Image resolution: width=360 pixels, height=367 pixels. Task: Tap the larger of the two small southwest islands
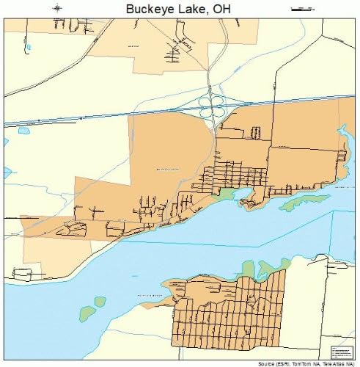(x=89, y=313)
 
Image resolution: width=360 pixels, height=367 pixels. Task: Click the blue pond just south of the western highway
(x=23, y=131)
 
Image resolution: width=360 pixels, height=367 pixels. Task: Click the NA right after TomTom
(x=320, y=363)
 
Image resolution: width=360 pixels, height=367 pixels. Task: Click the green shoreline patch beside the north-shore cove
(x=227, y=194)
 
